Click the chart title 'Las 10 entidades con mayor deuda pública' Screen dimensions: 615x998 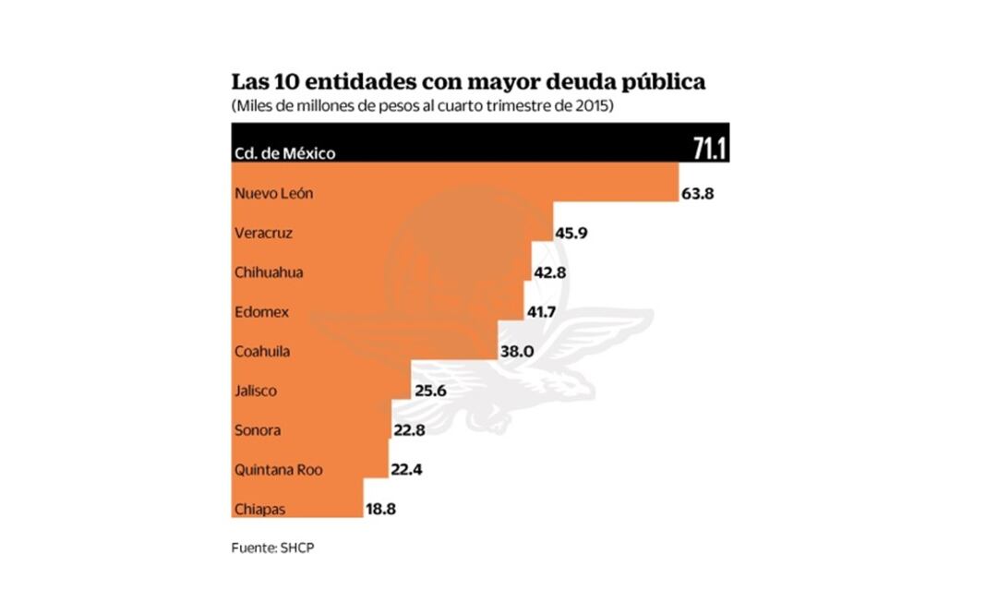click(x=468, y=81)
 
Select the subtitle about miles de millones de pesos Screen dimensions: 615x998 click(x=423, y=106)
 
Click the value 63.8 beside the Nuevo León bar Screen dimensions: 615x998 click(x=698, y=194)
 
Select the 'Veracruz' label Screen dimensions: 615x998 click(x=264, y=234)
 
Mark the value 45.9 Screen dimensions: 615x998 click(x=571, y=234)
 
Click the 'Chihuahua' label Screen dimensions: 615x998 click(x=269, y=272)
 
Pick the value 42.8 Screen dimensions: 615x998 click(x=551, y=273)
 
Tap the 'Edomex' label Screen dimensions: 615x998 click(x=262, y=312)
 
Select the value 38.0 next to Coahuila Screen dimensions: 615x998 click(x=517, y=352)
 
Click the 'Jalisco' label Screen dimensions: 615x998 click(x=257, y=391)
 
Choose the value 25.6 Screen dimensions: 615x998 click(x=430, y=392)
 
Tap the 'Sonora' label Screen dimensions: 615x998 click(x=258, y=430)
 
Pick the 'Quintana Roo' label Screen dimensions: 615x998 click(x=279, y=469)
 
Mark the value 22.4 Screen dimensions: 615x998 click(x=406, y=470)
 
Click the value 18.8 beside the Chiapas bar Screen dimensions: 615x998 click(x=381, y=509)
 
